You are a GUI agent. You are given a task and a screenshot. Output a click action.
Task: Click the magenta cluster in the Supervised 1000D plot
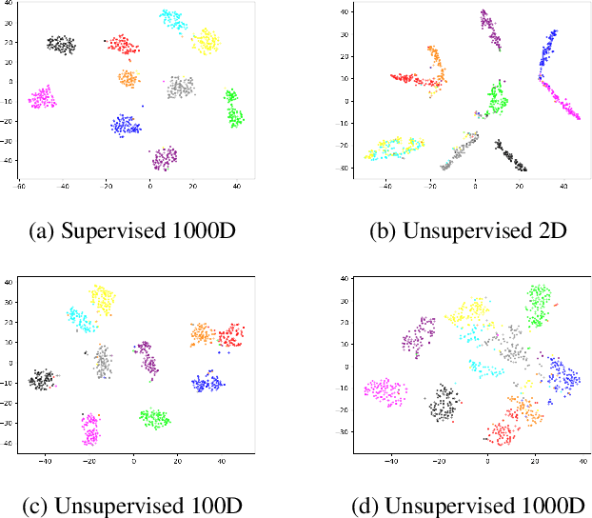pyautogui.click(x=42, y=97)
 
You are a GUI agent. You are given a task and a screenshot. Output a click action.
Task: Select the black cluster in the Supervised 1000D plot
pyautogui.click(x=62, y=44)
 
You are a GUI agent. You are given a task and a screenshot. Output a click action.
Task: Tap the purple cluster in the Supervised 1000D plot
pyautogui.click(x=165, y=157)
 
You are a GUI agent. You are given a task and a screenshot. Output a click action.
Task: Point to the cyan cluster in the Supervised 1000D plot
pyautogui.click(x=172, y=18)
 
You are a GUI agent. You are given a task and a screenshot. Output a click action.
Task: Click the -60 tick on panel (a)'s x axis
pyautogui.click(x=20, y=187)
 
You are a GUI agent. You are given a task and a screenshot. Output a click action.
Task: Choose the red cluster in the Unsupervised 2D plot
pyautogui.click(x=411, y=79)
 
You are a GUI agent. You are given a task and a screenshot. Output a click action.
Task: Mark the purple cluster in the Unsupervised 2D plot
pyautogui.click(x=490, y=30)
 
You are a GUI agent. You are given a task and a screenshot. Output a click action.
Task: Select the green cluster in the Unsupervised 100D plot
pyautogui.click(x=154, y=417)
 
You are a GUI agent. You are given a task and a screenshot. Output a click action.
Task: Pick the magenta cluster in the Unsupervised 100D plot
pyautogui.click(x=90, y=429)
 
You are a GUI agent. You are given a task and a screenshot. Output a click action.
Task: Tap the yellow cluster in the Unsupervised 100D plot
pyautogui.click(x=102, y=300)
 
